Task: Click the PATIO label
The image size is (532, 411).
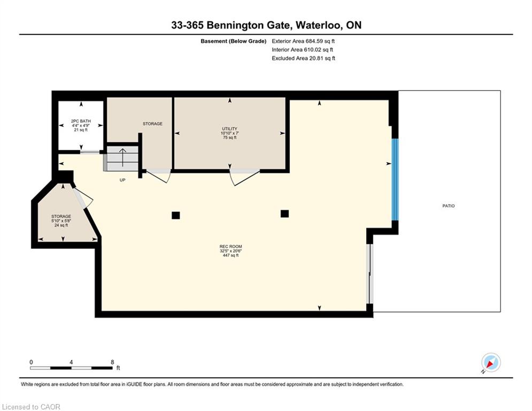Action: [448, 206]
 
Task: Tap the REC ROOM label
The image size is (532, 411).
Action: [231, 247]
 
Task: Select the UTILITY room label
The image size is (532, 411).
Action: [229, 129]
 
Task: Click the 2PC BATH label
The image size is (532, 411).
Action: [81, 121]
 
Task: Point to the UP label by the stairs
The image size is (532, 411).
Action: [122, 180]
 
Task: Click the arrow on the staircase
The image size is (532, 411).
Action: [122, 157]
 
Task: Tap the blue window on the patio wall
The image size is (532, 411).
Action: [395, 179]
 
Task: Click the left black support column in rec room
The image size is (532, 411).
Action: [176, 215]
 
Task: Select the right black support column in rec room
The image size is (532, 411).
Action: [284, 214]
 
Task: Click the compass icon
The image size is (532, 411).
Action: [491, 363]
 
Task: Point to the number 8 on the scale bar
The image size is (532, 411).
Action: [112, 362]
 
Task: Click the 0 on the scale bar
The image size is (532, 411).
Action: [31, 362]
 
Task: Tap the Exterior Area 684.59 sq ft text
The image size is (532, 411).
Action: [303, 41]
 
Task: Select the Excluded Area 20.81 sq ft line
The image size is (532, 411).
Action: [303, 58]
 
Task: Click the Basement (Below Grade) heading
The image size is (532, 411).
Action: [234, 41]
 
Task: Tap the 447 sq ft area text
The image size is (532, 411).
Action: [231, 255]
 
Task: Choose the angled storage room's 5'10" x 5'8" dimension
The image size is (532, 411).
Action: [61, 221]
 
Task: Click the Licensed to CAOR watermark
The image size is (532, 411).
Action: [31, 407]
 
